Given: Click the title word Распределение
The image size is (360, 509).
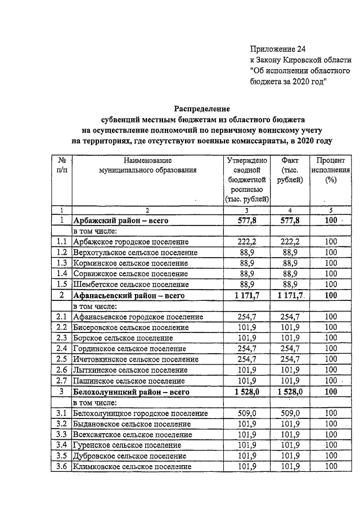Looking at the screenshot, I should pyautogui.click(x=201, y=109).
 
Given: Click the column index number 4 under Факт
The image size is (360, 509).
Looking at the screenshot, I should pyautogui.click(x=290, y=210).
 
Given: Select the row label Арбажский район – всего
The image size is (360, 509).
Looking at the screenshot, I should pyautogui.click(x=121, y=220).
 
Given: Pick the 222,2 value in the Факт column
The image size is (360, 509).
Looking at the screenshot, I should pyautogui.click(x=290, y=242).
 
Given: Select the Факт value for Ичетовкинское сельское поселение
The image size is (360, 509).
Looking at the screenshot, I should pyautogui.click(x=290, y=359).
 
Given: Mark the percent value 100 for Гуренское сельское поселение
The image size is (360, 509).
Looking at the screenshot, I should pyautogui.click(x=330, y=445).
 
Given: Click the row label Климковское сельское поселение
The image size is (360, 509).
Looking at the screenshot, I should pyautogui.click(x=132, y=466).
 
